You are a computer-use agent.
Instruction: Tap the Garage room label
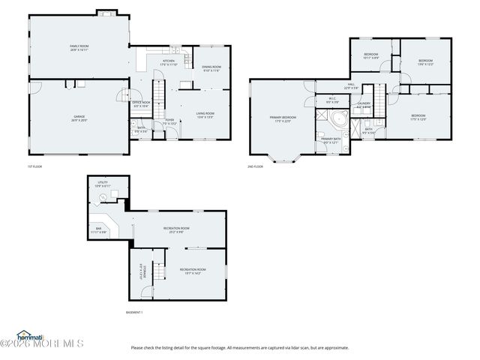tap(79, 118)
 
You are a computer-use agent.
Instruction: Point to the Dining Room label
tap(211, 69)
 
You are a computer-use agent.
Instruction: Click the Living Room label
tap(205, 115)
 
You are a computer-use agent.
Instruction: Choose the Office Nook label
tap(142, 104)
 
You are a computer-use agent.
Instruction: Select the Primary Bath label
tap(331, 140)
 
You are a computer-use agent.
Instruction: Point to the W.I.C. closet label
tap(332, 100)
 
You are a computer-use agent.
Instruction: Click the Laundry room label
tap(364, 106)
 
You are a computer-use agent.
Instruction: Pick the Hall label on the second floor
tap(350, 86)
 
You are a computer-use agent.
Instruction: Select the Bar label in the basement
tap(99, 230)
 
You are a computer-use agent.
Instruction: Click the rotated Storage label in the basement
tap(141, 268)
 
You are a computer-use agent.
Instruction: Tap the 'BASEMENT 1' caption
tap(134, 312)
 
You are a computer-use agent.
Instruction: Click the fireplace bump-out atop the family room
tap(105, 13)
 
